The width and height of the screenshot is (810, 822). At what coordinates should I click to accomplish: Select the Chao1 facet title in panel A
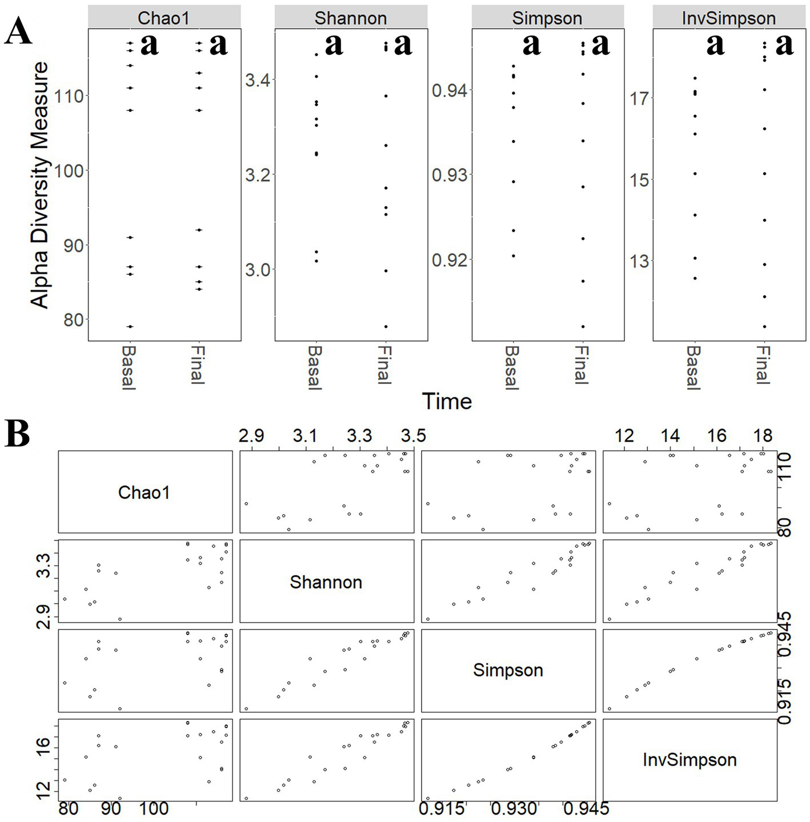[x=163, y=18]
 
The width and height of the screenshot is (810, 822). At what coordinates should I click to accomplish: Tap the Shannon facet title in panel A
[x=351, y=18]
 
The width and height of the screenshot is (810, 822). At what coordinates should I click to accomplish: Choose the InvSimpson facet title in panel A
[x=729, y=18]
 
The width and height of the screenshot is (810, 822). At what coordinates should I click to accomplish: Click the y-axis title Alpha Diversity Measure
[x=40, y=185]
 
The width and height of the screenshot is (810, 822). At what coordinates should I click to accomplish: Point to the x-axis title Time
[x=447, y=402]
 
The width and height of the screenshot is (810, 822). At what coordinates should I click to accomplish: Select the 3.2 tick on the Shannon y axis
[x=258, y=175]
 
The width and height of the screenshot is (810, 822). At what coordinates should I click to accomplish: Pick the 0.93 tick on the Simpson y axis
[x=450, y=175]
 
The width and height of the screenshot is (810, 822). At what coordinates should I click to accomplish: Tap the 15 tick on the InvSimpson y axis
[x=639, y=180]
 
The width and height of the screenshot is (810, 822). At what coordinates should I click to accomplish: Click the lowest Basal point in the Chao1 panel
[x=130, y=327]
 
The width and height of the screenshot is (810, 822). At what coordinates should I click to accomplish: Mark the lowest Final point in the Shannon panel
[x=386, y=327]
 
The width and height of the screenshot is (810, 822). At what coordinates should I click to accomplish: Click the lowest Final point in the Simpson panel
[x=583, y=327]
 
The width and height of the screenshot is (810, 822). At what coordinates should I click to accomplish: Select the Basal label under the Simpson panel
[x=512, y=368]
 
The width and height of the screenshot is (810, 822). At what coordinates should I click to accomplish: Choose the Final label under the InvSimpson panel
[x=763, y=364]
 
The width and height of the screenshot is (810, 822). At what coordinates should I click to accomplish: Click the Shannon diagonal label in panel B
[x=326, y=582]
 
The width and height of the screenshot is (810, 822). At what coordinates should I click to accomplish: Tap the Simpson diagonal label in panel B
[x=508, y=670]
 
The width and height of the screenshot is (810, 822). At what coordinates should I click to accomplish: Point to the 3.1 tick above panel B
[x=305, y=436]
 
